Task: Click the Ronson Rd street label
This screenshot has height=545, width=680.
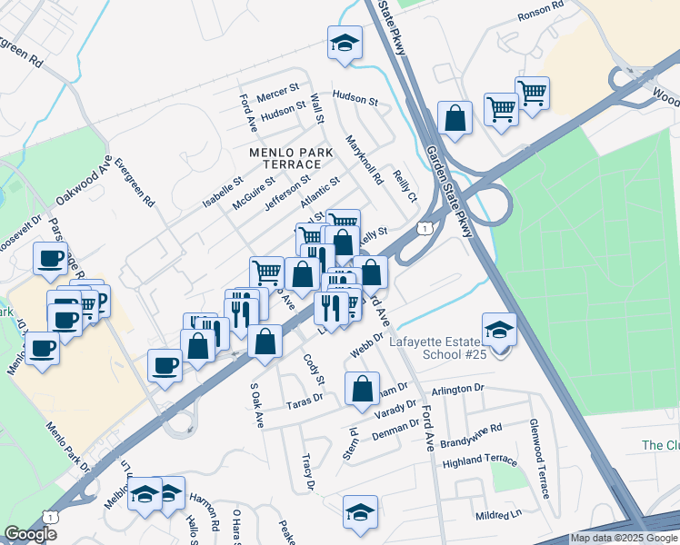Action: pyautogui.click(x=542, y=16)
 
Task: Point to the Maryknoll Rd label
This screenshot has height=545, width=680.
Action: pyautogui.click(x=365, y=160)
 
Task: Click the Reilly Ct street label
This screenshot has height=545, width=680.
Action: pyautogui.click(x=405, y=185)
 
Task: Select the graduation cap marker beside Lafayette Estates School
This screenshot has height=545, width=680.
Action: pyautogui.click(x=499, y=330)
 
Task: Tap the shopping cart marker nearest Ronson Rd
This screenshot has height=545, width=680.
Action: pyautogui.click(x=532, y=92)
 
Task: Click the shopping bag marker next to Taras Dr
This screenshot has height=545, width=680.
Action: pyautogui.click(x=362, y=388)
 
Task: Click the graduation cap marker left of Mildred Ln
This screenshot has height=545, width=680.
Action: pyautogui.click(x=360, y=511)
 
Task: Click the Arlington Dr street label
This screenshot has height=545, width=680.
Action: pyautogui.click(x=459, y=389)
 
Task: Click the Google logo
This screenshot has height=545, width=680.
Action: pyautogui.click(x=31, y=534)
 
